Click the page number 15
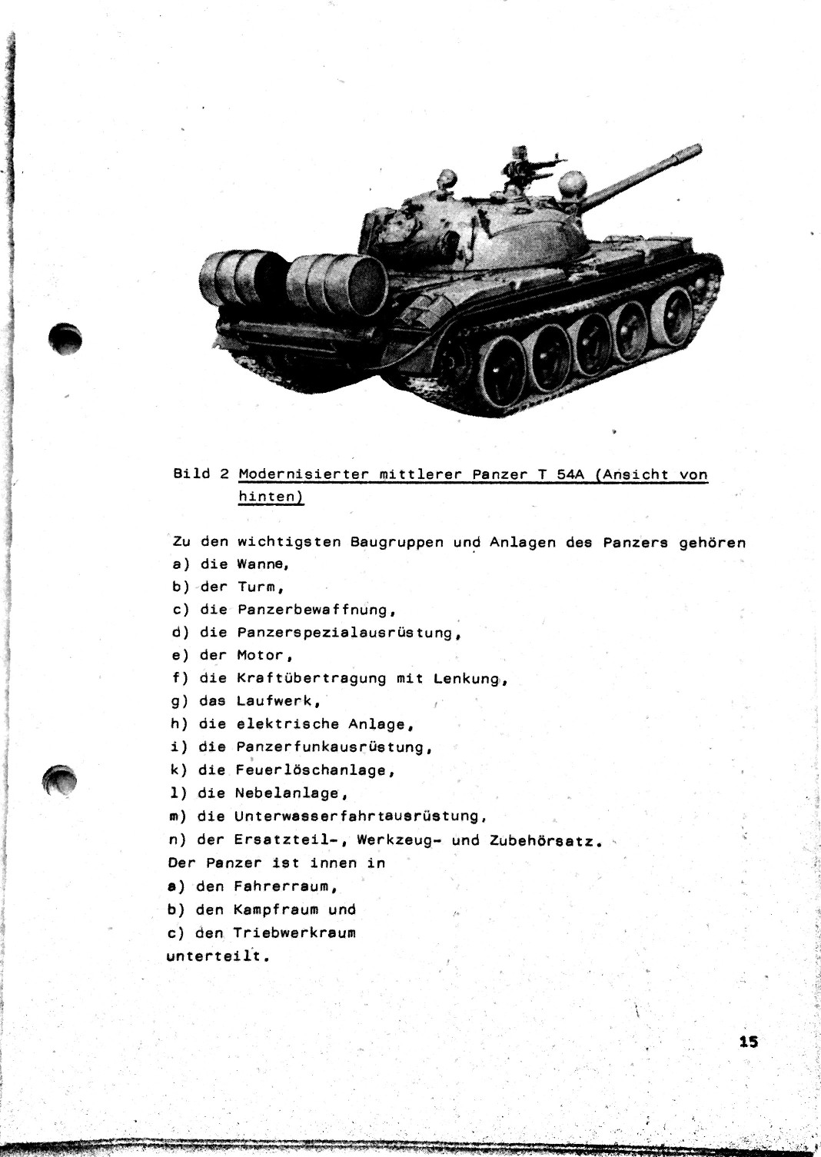(748, 1042)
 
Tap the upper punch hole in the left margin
(64, 337)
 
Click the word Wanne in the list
(261, 564)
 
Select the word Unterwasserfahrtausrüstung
(360, 816)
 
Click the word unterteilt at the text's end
(215, 957)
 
